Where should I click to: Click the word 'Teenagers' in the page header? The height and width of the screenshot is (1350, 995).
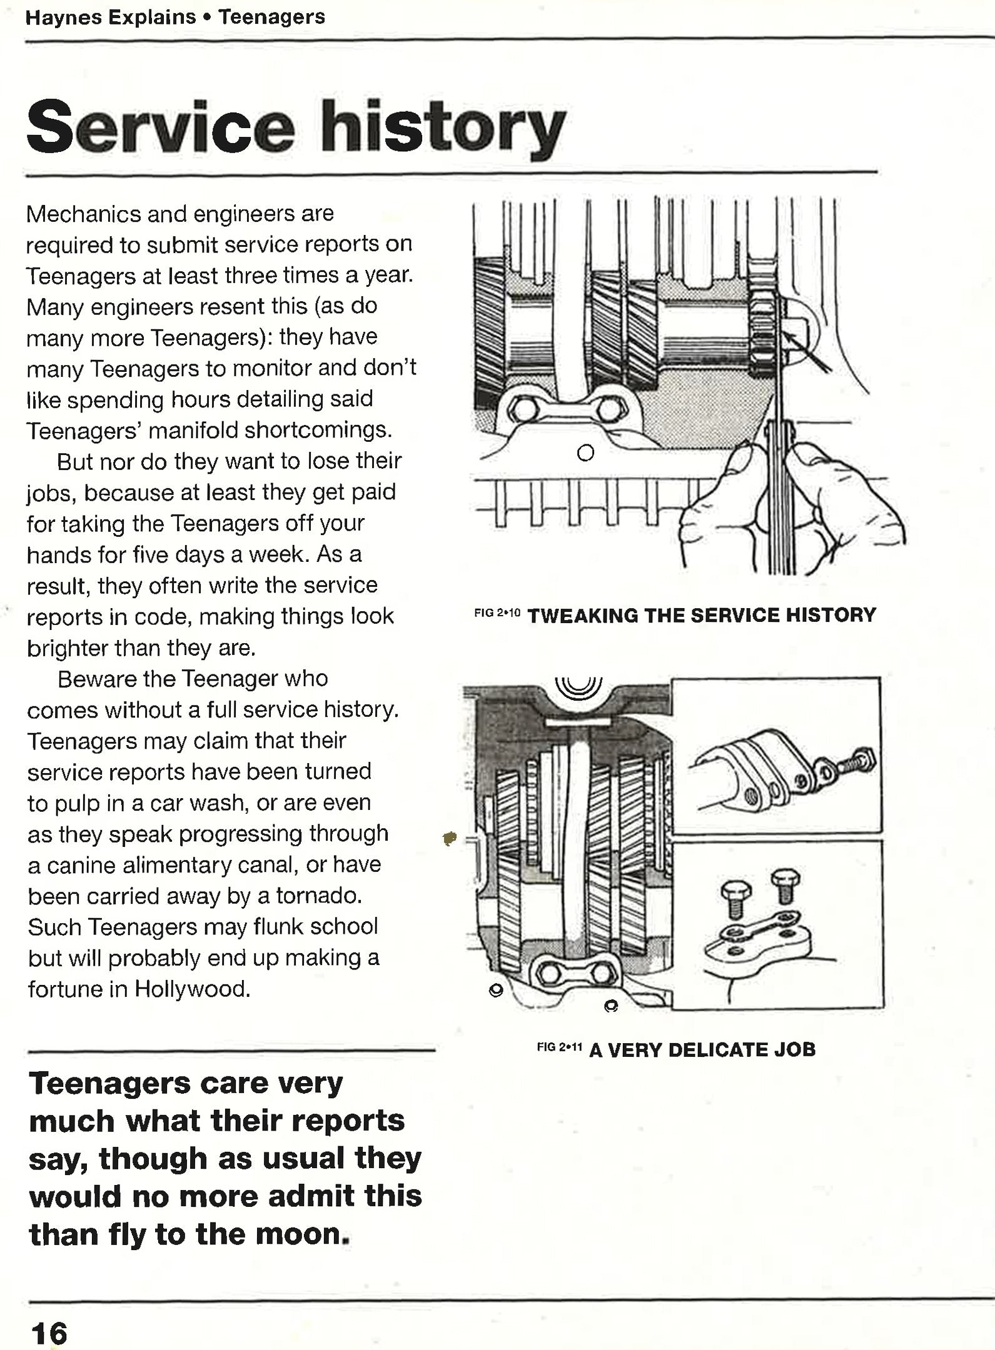coord(271,17)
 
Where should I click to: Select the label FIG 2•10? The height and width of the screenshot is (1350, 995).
coord(497,613)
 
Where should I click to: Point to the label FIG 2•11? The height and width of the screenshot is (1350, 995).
coord(559,1046)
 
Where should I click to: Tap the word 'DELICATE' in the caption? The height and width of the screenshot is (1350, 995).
coord(718,1049)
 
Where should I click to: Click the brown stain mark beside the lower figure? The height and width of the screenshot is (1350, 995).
coord(449,837)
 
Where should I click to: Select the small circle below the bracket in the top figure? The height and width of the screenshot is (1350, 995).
coord(585,452)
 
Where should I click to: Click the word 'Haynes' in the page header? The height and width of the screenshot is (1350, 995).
coord(64,17)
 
